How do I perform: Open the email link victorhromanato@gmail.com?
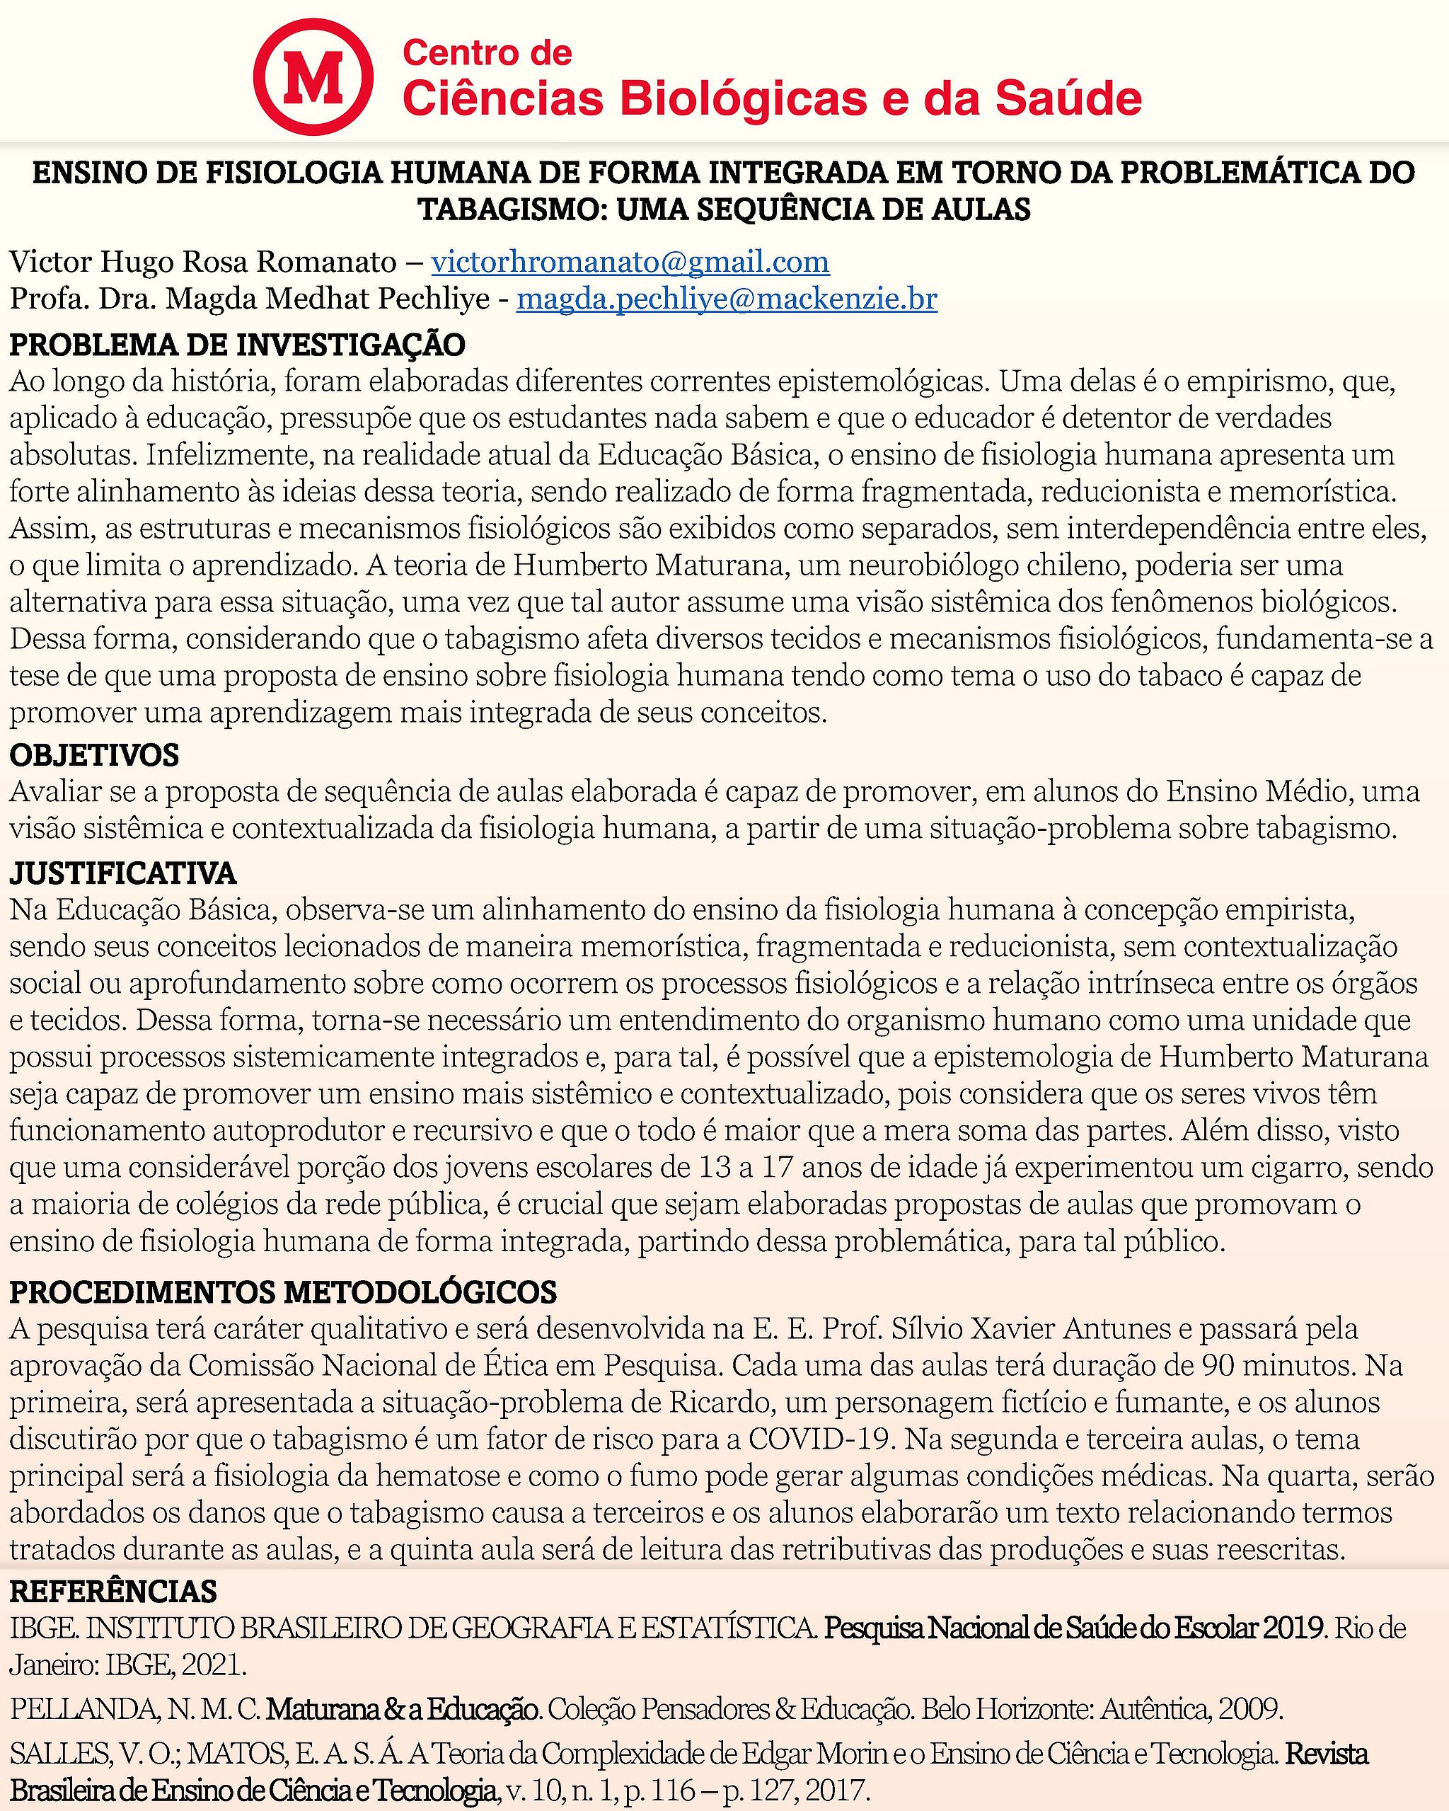630,262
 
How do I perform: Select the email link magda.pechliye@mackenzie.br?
727,299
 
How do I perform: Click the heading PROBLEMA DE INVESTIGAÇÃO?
237,345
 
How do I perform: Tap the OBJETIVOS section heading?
94,754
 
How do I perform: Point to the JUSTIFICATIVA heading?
122,873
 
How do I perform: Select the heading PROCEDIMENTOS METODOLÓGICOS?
283,1292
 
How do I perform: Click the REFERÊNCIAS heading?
112,1591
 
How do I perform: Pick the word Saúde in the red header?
1068,99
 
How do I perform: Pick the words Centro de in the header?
487,53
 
